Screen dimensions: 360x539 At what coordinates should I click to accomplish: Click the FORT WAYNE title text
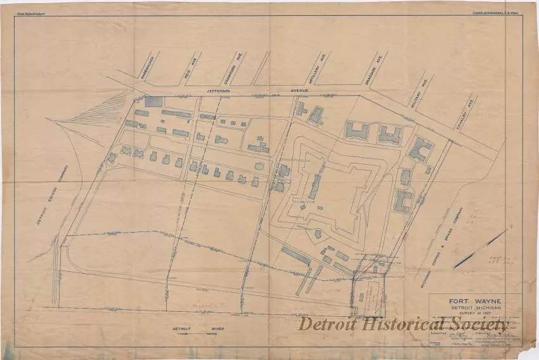coord(476,302)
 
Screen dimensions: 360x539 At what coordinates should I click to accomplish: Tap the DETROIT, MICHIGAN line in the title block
coord(476,309)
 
